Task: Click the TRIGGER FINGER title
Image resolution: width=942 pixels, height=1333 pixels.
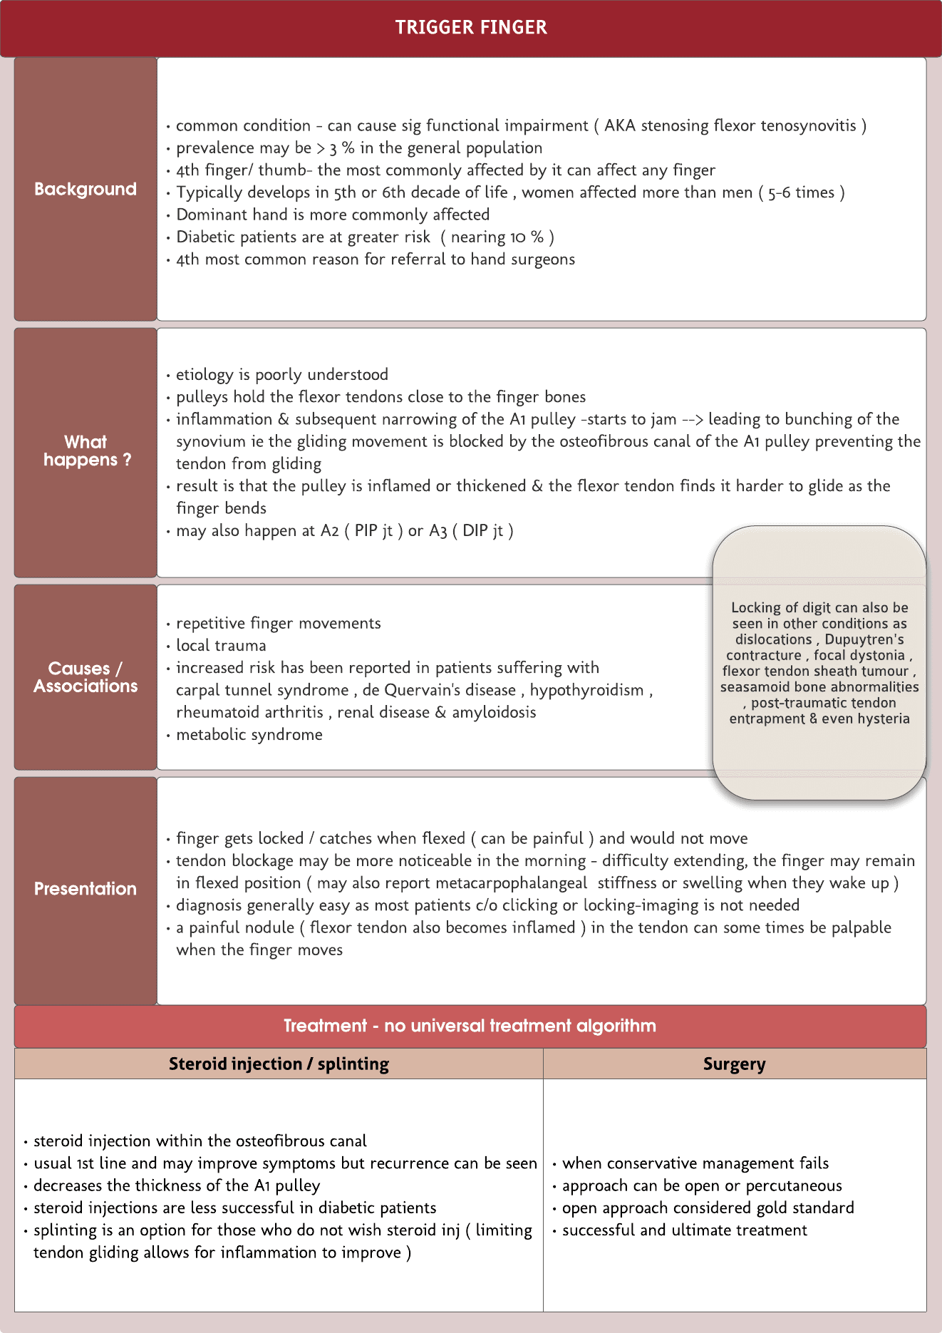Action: click(x=471, y=28)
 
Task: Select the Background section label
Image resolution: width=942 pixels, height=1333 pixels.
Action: click(x=86, y=189)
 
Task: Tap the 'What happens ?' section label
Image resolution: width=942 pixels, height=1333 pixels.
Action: click(x=86, y=451)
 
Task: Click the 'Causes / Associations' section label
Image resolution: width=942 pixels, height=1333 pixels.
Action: click(x=86, y=677)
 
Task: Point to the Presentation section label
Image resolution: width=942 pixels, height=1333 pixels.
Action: click(x=86, y=889)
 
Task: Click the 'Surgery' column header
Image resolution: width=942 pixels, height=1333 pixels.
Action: click(x=734, y=1064)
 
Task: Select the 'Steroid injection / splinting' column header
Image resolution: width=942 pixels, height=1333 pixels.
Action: click(x=279, y=1064)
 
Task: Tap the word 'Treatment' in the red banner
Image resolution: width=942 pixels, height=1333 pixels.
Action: click(x=325, y=1026)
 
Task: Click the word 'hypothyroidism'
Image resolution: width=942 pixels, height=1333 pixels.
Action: click(x=586, y=690)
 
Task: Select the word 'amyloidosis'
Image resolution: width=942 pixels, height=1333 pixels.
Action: click(x=494, y=712)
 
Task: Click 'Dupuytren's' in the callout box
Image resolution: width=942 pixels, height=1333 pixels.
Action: click(x=864, y=639)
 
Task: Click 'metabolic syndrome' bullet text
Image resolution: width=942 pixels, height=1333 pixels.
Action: click(x=249, y=735)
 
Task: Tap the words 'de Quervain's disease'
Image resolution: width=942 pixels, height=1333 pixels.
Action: click(x=439, y=690)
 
